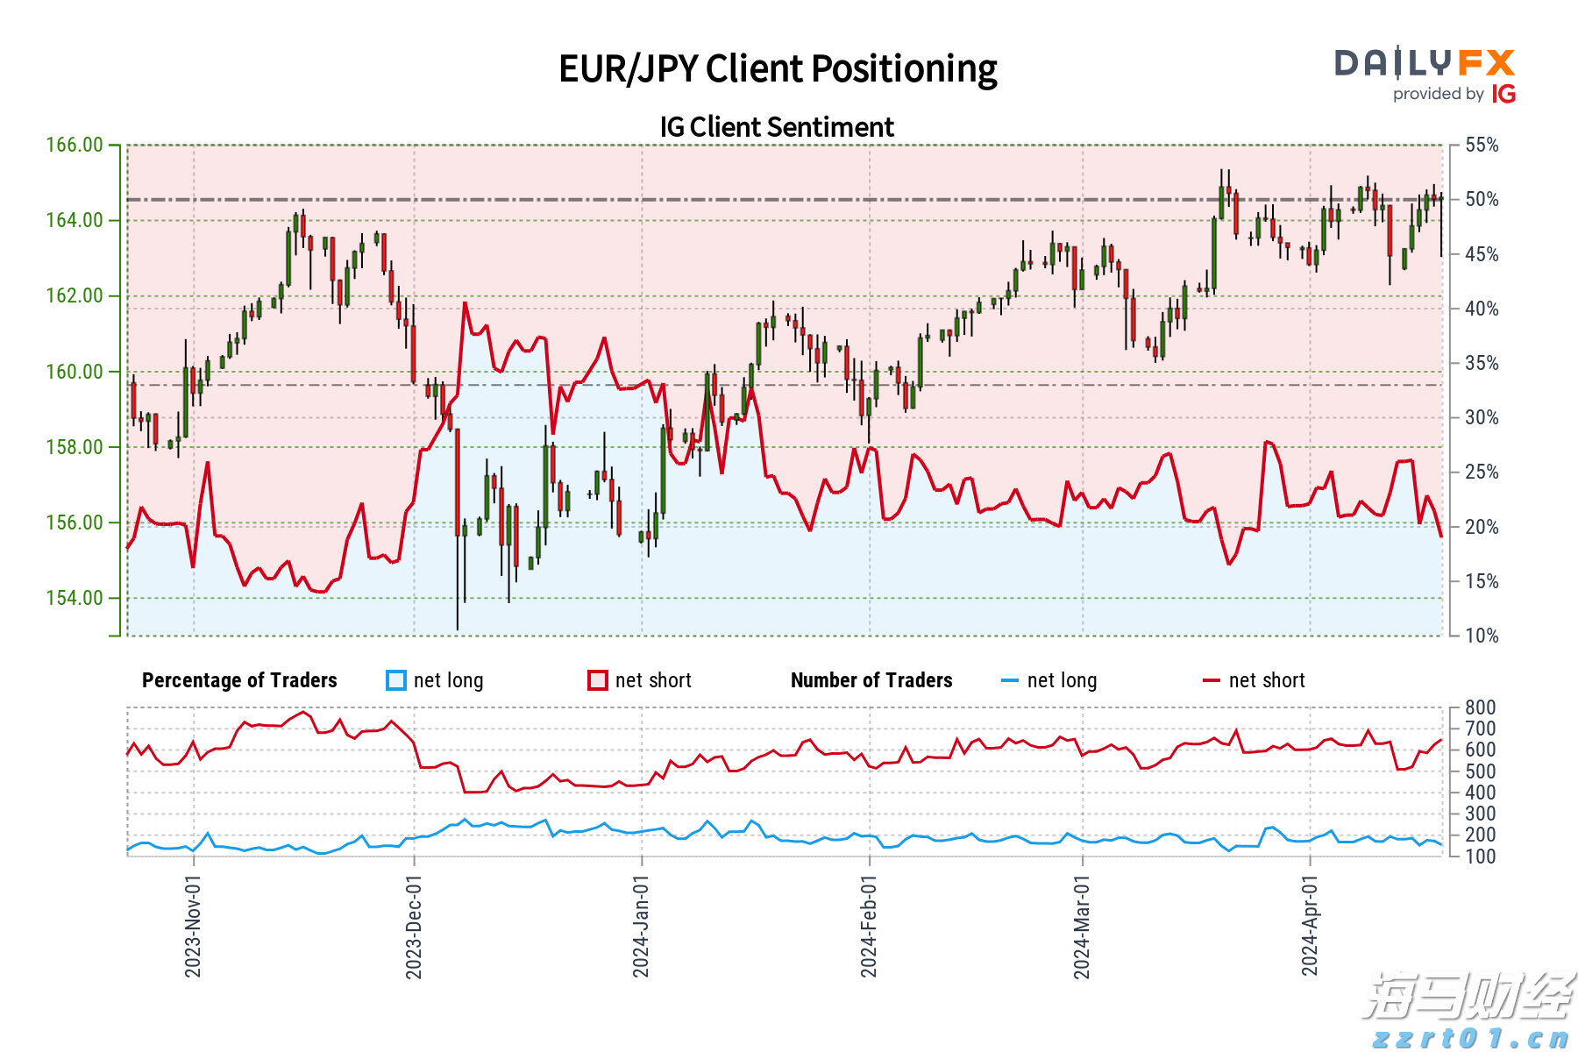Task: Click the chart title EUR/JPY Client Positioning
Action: pyautogui.click(x=778, y=68)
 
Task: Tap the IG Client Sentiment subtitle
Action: pyautogui.click(x=777, y=127)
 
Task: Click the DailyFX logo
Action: pyautogui.click(x=1425, y=63)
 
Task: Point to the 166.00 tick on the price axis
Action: pyautogui.click(x=75, y=145)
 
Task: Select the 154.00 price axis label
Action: pyautogui.click(x=75, y=598)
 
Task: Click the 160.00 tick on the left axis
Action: pyautogui.click(x=75, y=372)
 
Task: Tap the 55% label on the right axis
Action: pyautogui.click(x=1482, y=145)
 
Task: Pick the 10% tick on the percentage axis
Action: pyautogui.click(x=1482, y=636)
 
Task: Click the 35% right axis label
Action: pyautogui.click(x=1482, y=363)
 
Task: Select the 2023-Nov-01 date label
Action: pyautogui.click(x=193, y=926)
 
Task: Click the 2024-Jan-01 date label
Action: pyautogui.click(x=641, y=926)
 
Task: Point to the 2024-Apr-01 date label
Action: pyautogui.click(x=1310, y=926)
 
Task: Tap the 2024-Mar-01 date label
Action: pyautogui.click(x=1082, y=926)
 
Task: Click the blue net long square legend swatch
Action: pyautogui.click(x=396, y=680)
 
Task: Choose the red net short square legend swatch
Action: pyautogui.click(x=598, y=680)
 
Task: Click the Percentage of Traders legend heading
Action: pyautogui.click(x=239, y=680)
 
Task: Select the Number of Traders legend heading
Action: pyautogui.click(x=871, y=680)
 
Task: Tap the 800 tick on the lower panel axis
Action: pyautogui.click(x=1480, y=707)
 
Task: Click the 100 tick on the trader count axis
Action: pyautogui.click(x=1480, y=857)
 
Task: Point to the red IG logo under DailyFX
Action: pyautogui.click(x=1503, y=94)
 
